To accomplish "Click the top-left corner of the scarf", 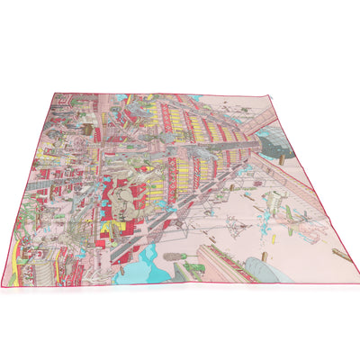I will point(54,91).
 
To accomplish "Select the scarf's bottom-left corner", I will point(4,286).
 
